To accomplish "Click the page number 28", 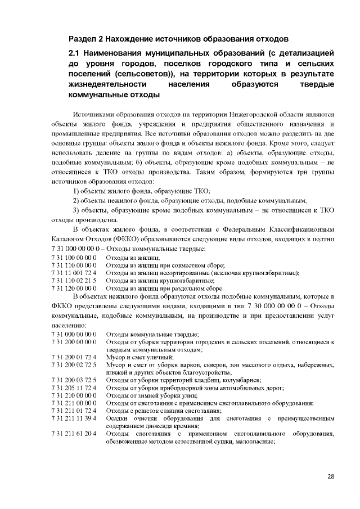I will (x=331, y=476).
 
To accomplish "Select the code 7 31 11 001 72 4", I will (x=74, y=273).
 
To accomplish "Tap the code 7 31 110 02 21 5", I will (x=74, y=280).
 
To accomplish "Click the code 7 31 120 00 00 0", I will (x=74, y=288).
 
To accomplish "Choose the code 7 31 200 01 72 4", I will (x=74, y=357).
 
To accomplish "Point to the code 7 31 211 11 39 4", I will (x=74, y=418).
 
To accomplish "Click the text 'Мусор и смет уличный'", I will (x=137, y=357).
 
